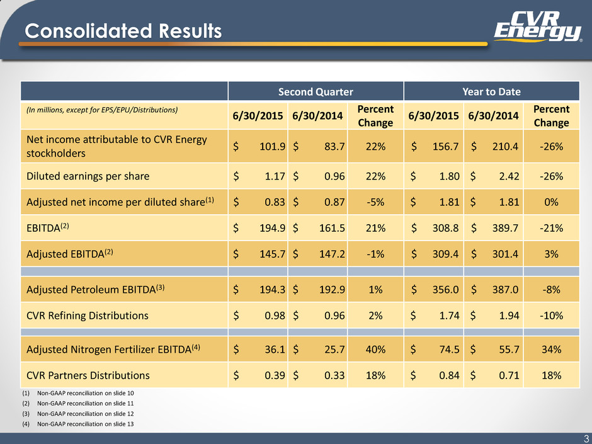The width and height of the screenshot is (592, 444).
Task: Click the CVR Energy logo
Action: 538,26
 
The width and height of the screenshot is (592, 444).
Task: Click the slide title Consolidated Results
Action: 123,31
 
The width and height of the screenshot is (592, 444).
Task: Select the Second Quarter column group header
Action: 316,92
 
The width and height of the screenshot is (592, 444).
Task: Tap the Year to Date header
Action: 492,92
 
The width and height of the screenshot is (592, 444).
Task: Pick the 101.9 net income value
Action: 272,147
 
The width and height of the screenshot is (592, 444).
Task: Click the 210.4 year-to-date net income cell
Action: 505,147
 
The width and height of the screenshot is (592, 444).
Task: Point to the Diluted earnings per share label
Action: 88,176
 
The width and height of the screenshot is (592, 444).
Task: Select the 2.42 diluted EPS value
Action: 509,176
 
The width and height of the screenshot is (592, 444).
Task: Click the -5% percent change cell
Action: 375,202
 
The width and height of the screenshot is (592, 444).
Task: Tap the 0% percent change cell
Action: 551,202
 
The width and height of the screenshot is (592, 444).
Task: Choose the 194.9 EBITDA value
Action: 272,228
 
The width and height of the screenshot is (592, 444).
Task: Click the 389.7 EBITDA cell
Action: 505,228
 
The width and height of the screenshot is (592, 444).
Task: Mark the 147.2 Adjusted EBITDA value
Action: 332,254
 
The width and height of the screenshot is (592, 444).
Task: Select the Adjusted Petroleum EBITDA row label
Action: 96,289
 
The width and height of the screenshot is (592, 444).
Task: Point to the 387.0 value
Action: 505,290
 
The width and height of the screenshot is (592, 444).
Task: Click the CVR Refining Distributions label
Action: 88,316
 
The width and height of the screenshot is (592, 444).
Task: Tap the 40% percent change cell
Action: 375,350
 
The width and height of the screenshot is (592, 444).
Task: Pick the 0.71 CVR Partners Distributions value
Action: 509,375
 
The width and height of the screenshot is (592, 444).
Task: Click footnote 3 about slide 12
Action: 77,414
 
